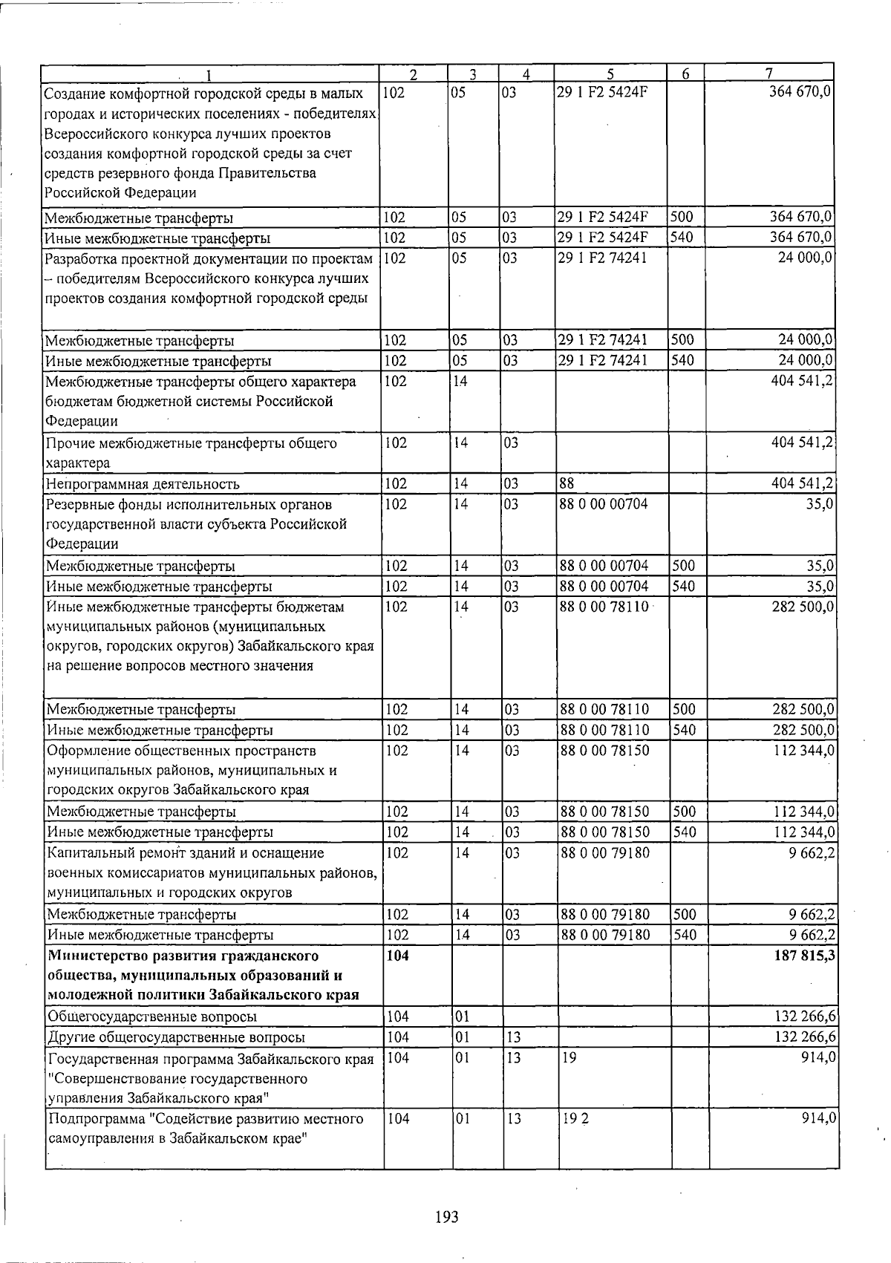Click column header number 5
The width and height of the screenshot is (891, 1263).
click(x=610, y=74)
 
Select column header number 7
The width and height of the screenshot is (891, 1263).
click(x=769, y=73)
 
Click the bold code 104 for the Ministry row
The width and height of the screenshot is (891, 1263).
click(x=399, y=956)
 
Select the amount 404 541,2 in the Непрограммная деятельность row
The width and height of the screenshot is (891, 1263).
click(x=805, y=484)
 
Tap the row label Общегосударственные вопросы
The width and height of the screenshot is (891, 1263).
click(x=152, y=1016)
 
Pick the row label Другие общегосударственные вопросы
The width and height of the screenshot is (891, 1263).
click(x=176, y=1037)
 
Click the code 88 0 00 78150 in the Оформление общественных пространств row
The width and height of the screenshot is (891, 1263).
click(x=605, y=751)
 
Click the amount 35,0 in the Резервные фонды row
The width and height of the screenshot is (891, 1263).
click(x=821, y=504)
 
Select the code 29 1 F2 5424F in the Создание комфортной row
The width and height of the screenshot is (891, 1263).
click(x=602, y=94)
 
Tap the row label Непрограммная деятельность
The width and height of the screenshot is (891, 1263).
click(x=143, y=484)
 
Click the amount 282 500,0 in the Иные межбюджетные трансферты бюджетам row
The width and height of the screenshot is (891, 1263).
click(x=805, y=607)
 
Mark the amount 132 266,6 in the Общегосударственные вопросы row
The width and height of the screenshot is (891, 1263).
click(x=805, y=1016)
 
